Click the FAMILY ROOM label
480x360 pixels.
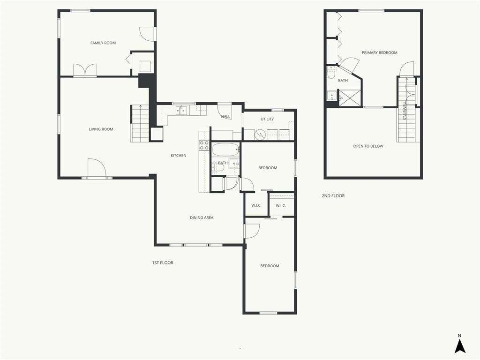coord(103,43)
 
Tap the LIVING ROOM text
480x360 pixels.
coord(101,129)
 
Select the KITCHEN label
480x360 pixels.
coord(179,156)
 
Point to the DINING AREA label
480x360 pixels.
coord(202,217)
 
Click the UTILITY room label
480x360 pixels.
coord(267,119)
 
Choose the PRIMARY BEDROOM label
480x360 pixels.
coord(380,52)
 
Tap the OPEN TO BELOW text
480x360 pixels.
coord(368,146)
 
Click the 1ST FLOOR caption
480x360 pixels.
coord(163,262)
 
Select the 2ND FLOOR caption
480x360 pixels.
coord(333,195)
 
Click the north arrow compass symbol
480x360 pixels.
coord(459,344)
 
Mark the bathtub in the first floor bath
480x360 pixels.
coord(225,150)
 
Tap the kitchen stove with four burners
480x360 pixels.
coord(204,145)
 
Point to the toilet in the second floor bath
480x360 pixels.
coord(331,73)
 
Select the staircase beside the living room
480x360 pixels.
coord(140,124)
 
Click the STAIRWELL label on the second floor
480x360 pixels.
coord(405,110)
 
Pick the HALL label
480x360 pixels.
coord(225,117)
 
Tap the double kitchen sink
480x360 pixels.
coord(181,110)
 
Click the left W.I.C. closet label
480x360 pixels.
coord(256,205)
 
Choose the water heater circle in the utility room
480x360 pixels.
coord(260,135)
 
